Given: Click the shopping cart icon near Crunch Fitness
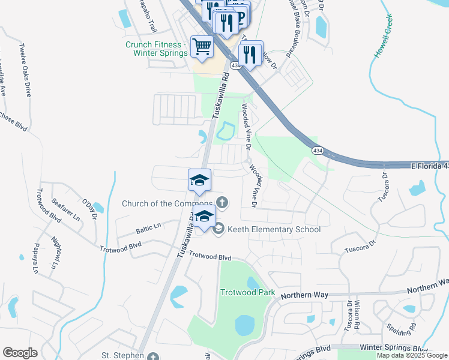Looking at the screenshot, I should coord(202,46).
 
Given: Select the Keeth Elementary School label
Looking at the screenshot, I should coord(274,229).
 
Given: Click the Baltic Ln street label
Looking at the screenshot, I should coord(149,227).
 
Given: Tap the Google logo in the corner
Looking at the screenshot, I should coord(20,353).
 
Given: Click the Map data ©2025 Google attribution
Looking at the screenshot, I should coord(411,355).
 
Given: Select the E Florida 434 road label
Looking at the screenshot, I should coord(429,165).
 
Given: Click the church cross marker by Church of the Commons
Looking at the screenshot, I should coord(221,202).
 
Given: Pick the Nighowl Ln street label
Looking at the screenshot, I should coord(56,252).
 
